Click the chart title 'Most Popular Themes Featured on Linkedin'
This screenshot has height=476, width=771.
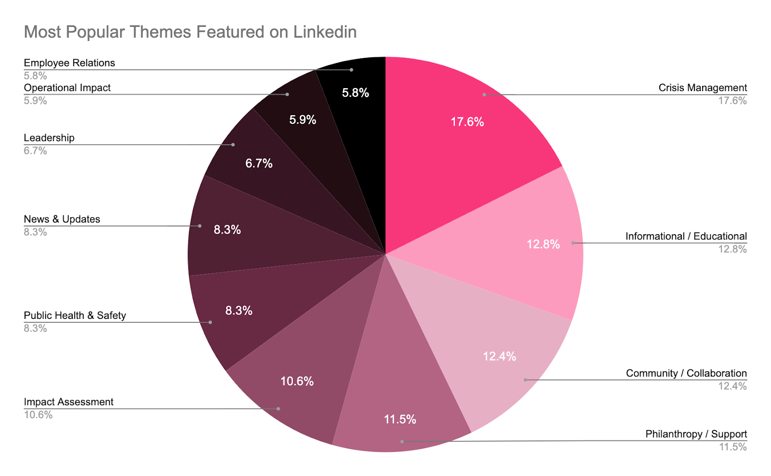point(190,32)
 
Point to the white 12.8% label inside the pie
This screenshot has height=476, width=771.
point(543,244)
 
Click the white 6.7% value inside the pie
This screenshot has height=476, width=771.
point(259,163)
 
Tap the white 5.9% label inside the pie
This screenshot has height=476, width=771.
point(303,119)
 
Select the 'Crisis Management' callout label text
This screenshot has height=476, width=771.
point(703,88)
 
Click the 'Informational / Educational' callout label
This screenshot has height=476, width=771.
point(686,236)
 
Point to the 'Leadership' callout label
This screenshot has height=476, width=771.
point(49,138)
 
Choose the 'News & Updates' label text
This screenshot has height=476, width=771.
point(62,219)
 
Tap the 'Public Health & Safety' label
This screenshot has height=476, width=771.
point(75,316)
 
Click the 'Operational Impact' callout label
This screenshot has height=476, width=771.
point(67,88)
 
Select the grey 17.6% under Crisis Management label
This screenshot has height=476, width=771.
point(732,101)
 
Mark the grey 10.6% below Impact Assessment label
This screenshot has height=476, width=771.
point(38,415)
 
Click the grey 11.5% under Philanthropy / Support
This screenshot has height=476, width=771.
point(732,447)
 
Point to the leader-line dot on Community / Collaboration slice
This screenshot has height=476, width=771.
point(525,380)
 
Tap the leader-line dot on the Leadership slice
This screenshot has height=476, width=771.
point(233,145)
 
